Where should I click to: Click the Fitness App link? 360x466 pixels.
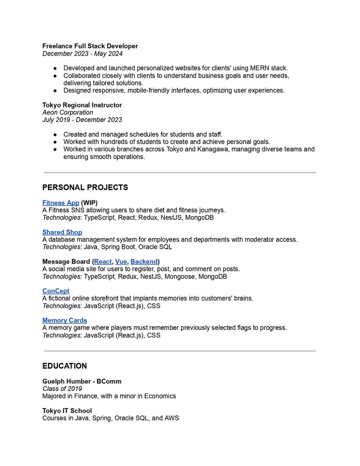coord(60,203)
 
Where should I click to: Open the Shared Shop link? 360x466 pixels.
coord(62,232)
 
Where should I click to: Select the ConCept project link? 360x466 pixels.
coord(55,291)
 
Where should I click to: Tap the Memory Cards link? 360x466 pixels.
coord(64,320)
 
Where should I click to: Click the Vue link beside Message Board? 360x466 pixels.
coord(121,261)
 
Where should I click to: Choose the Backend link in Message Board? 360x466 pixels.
coord(143,261)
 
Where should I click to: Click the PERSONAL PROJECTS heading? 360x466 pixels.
coord(85,187)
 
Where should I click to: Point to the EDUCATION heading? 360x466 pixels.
coord(64,366)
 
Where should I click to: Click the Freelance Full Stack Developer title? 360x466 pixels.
coord(90,46)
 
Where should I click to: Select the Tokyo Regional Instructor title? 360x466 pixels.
coord(82,105)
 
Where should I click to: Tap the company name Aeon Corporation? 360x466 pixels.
coord(67,112)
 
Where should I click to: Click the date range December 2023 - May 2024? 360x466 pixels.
coord(82,53)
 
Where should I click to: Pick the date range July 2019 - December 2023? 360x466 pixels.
coord(82,120)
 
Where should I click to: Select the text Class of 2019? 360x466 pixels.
coord(62,388)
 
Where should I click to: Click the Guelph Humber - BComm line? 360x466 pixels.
coord(81,381)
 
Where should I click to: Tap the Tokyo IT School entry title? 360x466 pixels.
coord(67,410)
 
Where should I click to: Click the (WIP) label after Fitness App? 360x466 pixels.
coord(89,203)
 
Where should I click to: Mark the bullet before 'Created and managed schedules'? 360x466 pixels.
coord(54,134)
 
